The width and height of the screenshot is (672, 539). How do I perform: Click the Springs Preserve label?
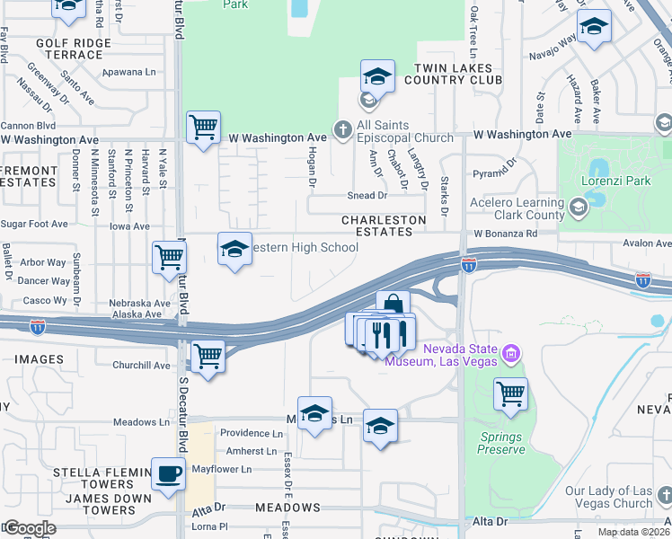coord(501,443)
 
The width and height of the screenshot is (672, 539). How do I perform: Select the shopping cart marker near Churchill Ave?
coord(208,358)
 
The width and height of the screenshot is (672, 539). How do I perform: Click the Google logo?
coord(29,527)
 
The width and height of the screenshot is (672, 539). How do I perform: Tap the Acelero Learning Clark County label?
coord(515,209)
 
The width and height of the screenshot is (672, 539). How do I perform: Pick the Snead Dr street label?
coord(367,195)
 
